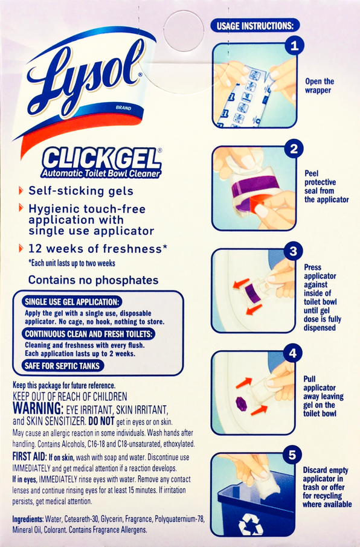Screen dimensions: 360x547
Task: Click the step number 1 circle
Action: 294,46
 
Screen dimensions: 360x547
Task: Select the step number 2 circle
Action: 294,149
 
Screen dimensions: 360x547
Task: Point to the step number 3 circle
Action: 294,251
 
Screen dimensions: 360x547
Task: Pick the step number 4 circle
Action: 292,353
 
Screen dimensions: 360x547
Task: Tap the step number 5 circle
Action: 292,455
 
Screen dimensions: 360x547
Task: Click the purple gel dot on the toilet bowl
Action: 241,404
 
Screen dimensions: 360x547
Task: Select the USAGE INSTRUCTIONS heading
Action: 255,26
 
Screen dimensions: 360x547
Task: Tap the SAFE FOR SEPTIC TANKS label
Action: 62,366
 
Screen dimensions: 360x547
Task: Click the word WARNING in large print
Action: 37,408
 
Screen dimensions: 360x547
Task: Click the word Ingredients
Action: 28,519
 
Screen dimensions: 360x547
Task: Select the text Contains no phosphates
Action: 93,280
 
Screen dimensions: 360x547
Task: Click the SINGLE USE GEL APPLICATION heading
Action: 72,302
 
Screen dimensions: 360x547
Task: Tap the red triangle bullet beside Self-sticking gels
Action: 21,190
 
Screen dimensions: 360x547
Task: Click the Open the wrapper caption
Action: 320,86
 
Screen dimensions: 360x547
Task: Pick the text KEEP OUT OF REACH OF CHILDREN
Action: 70,396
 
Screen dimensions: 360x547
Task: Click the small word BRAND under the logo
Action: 124,108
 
